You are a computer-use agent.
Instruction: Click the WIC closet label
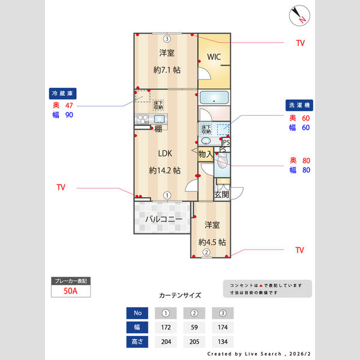(x=214, y=58)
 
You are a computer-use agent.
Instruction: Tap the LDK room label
(x=165, y=152)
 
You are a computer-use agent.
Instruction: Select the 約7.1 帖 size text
(x=167, y=70)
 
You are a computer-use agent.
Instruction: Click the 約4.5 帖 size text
(x=212, y=242)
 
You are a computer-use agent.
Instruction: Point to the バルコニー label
(x=163, y=220)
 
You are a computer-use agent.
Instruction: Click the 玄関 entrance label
(x=222, y=195)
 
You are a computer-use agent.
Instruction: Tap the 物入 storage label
(x=205, y=155)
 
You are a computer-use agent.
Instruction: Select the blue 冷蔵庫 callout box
(x=62, y=94)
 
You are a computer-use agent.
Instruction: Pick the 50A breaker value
(x=71, y=292)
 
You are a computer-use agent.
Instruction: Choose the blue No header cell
(x=136, y=313)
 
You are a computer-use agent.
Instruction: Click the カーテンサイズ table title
(x=180, y=296)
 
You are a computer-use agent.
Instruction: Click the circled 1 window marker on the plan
(x=167, y=195)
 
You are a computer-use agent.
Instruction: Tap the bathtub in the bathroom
(x=214, y=98)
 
